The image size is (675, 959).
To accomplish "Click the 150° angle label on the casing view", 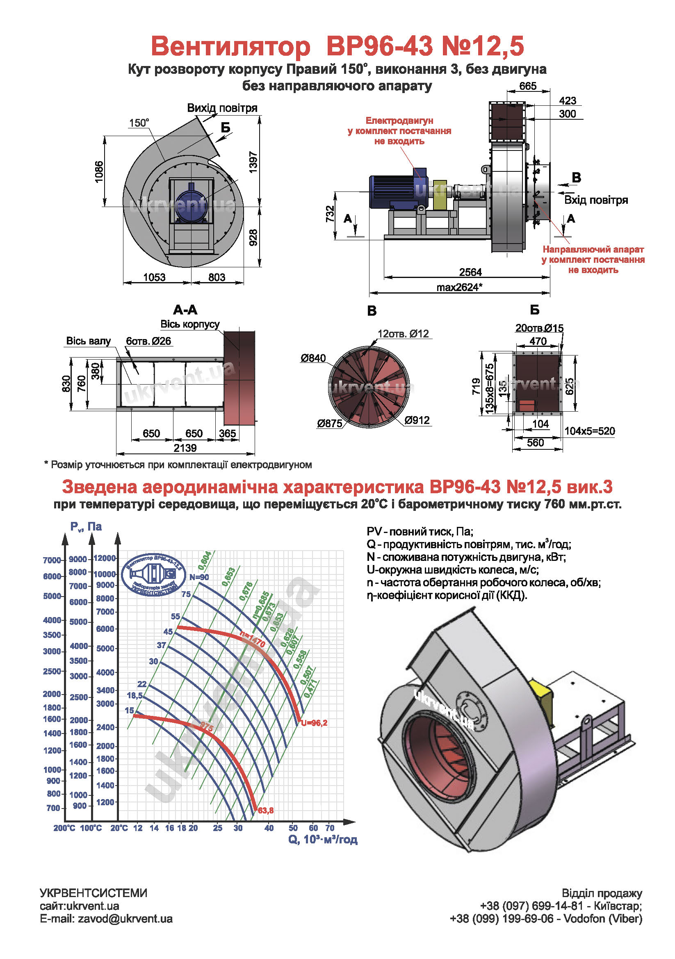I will click(139, 123).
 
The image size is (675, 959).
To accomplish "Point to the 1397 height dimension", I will click(253, 162).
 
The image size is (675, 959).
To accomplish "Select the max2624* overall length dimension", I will click(459, 287).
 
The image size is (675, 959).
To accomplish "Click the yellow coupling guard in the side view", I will click(440, 195).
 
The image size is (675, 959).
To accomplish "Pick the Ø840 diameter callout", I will click(313, 358).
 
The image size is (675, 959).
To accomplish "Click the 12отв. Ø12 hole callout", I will click(403, 334).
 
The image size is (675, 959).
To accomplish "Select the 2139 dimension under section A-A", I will click(185, 448).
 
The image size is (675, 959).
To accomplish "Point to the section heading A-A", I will click(185, 310).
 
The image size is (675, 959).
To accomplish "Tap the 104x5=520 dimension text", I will click(589, 431).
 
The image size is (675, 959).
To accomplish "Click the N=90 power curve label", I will click(199, 577).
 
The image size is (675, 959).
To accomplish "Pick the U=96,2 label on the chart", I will click(314, 723).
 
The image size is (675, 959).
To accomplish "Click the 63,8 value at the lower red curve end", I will click(266, 810).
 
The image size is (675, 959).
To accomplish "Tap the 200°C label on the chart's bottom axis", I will click(64, 828).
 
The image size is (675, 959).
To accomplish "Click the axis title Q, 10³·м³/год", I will click(322, 840).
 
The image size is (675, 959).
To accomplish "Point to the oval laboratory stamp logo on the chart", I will click(153, 574).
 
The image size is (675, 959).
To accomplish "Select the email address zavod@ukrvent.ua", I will click(106, 919).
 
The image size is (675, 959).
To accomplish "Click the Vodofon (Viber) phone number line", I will click(545, 919).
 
